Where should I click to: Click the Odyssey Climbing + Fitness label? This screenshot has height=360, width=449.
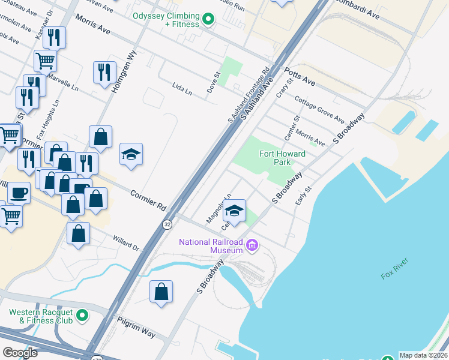[x=166, y=20]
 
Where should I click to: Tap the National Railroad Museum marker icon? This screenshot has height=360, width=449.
[x=252, y=245]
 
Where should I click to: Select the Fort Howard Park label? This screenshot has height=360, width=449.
[x=282, y=158]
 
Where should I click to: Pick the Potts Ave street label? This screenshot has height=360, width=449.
[x=300, y=74]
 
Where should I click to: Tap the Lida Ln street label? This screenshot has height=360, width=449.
[x=182, y=91]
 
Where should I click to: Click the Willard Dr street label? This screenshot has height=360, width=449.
[x=126, y=243]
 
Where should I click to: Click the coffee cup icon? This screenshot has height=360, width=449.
[x=18, y=193]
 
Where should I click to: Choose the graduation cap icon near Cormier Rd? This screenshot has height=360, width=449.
[x=131, y=155]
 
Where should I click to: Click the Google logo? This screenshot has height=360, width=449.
[x=20, y=353]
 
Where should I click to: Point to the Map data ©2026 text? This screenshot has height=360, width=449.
[x=424, y=355]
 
